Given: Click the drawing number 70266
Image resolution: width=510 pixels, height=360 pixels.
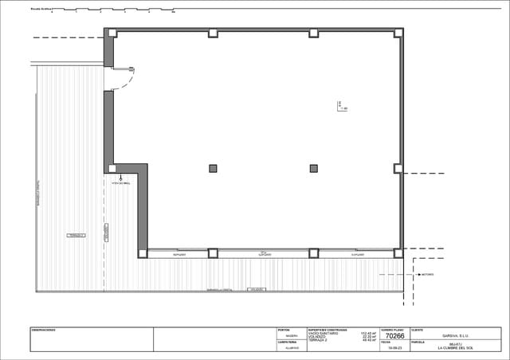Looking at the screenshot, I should click(x=394, y=337).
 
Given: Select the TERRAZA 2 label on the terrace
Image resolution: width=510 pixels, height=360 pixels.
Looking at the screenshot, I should click(x=76, y=236).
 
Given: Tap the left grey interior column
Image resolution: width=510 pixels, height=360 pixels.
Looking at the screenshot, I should click(x=213, y=168).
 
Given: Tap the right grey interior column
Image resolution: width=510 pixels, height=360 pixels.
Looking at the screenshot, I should click(x=313, y=168).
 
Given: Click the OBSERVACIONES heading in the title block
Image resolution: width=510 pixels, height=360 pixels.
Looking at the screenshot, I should click(x=44, y=330).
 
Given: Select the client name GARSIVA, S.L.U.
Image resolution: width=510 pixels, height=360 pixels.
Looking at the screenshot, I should click(x=456, y=336).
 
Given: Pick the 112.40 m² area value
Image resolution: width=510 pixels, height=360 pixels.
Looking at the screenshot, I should click(x=368, y=333).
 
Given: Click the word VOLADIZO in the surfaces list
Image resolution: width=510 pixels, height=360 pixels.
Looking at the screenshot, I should click(x=317, y=337).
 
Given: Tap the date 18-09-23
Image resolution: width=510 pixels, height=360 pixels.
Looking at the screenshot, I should click(x=394, y=348).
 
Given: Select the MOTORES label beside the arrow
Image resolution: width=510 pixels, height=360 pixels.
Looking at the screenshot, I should click(x=427, y=274).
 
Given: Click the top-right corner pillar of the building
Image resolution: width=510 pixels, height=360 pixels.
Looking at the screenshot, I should click(x=398, y=33).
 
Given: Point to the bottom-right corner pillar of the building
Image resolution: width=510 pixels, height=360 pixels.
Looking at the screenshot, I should click(x=398, y=253).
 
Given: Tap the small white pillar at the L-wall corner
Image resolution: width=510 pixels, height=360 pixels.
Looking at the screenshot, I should click(x=112, y=168).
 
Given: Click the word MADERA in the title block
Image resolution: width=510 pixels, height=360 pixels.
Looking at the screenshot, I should click(x=292, y=336).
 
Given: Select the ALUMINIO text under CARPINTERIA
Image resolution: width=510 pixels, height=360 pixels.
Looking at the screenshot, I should click(x=292, y=348).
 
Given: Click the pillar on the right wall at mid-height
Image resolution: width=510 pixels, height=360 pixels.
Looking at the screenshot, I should click(x=398, y=168).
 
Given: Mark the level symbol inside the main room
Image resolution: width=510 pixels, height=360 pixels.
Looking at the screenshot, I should click(x=341, y=105).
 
